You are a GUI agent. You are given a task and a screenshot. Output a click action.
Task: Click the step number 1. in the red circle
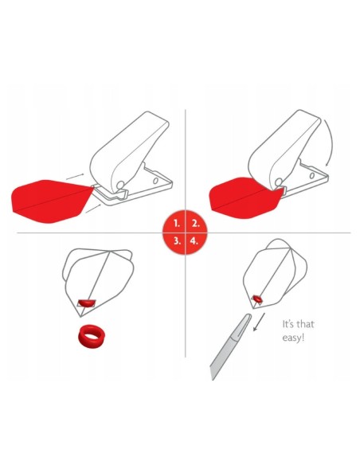click(177, 223)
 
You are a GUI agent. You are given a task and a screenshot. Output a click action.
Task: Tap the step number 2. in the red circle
click(195, 223)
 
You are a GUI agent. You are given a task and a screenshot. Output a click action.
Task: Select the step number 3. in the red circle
click(177, 240)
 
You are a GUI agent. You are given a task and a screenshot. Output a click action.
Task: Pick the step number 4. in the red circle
click(194, 240)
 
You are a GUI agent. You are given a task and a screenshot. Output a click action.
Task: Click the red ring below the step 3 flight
click(92, 337)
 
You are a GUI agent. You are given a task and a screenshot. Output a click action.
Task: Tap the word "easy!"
click(293, 338)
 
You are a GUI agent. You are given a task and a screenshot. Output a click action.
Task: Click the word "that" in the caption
click(305, 323)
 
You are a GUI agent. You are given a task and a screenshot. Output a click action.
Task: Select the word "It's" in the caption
click(288, 323)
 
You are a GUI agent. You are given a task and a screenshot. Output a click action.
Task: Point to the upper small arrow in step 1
click(75, 177)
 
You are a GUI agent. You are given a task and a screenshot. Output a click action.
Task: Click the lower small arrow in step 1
click(93, 209)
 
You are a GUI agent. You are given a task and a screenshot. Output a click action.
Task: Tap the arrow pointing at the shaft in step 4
click(259, 322)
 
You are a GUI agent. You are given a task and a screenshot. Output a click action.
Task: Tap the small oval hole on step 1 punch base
click(155, 181)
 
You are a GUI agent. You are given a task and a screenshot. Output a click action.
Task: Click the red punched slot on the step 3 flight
click(86, 303)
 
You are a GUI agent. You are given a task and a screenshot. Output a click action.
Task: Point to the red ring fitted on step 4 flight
click(256, 299)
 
